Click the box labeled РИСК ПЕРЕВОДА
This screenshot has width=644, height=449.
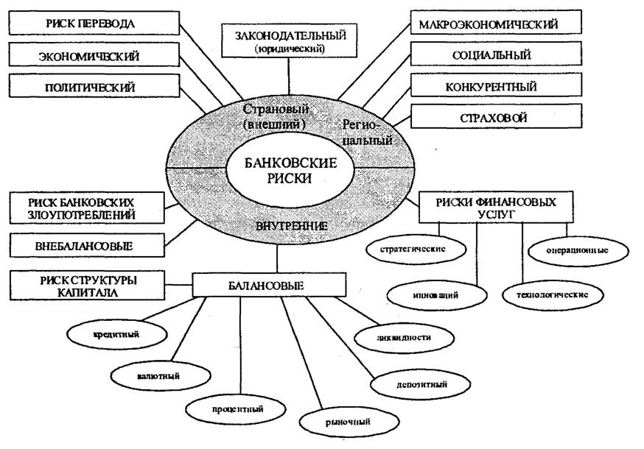(x=94, y=23)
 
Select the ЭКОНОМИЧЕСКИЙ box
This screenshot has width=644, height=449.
(x=94, y=54)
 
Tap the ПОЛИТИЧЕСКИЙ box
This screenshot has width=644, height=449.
(x=94, y=86)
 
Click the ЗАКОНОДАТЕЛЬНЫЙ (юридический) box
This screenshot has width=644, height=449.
(x=289, y=40)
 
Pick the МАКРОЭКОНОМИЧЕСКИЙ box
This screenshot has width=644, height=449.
(x=496, y=22)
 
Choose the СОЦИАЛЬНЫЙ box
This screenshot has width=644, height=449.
(x=496, y=53)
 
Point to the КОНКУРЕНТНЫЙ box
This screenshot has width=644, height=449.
(x=496, y=85)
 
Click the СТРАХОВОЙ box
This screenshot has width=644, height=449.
(x=496, y=116)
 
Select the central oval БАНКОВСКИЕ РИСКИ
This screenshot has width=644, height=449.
(x=290, y=170)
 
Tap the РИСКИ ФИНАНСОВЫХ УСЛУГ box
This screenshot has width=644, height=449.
(x=496, y=208)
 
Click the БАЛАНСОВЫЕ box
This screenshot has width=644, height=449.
(x=270, y=285)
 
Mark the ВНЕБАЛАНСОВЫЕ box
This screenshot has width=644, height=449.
(x=87, y=245)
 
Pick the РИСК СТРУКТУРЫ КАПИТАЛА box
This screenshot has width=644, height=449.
(x=87, y=286)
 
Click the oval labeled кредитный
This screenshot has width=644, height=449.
(x=116, y=334)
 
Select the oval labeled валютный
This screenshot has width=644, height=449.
(x=161, y=375)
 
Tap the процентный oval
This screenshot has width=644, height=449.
(x=236, y=409)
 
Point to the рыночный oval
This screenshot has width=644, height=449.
(x=349, y=422)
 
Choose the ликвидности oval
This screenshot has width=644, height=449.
(x=404, y=337)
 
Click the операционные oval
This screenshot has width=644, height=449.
(x=578, y=250)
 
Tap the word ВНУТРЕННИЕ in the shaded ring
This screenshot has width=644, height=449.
(x=291, y=226)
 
